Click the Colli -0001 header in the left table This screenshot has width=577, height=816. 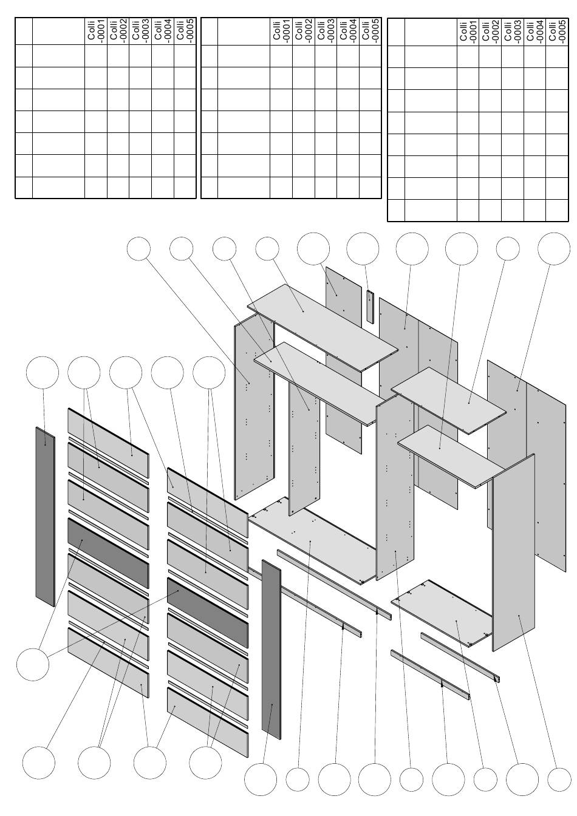coord(96,32)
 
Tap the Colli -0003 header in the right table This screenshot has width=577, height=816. coord(513,32)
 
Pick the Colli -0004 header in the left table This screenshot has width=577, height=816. coord(163,32)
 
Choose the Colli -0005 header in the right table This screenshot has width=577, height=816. coord(558,32)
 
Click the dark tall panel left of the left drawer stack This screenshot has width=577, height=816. coord(45,517)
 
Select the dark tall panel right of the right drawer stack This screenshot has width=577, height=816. coord(271,650)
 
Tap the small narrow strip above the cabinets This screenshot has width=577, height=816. coord(370,307)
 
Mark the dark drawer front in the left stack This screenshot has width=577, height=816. coord(108,553)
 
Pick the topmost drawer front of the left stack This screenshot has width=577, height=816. coord(108,443)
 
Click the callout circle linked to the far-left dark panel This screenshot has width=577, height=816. coord(43,373)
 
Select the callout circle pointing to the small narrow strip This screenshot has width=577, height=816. coord(363,249)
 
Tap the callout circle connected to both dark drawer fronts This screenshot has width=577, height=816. coord(33,664)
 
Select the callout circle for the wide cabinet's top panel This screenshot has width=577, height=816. coord(267,249)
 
